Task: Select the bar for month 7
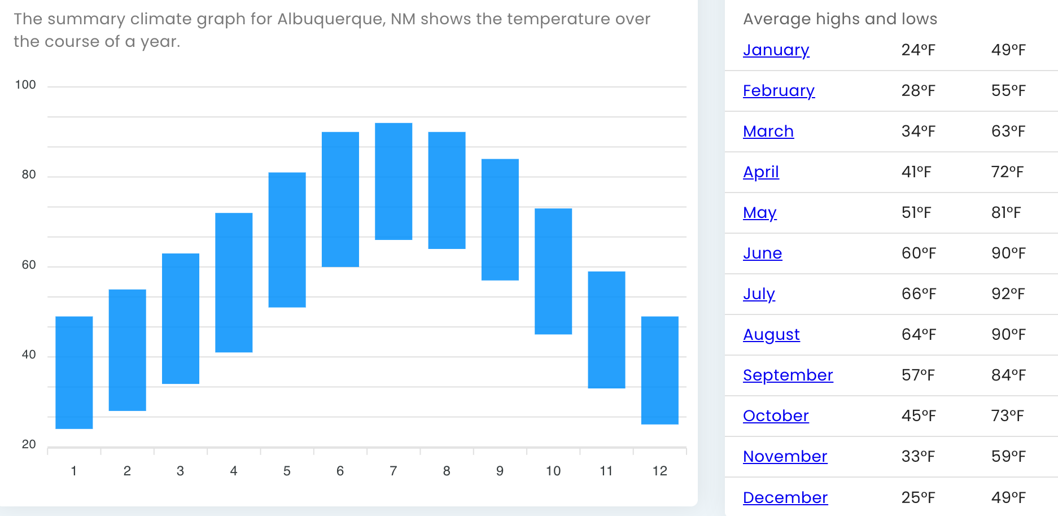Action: coord(394,181)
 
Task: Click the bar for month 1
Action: coord(74,373)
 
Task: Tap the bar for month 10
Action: coord(553,272)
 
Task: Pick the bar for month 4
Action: coord(234,282)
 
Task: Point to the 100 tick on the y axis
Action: coord(25,85)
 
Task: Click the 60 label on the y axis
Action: coord(29,265)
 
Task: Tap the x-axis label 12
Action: coord(659,471)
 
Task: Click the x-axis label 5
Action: coord(287,471)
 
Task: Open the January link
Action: coord(776,50)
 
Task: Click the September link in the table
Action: coord(788,375)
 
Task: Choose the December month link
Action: coord(785,497)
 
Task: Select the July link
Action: coord(759,294)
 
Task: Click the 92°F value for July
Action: coord(1008,294)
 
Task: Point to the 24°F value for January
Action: coord(918,50)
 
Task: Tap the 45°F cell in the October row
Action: coord(918,416)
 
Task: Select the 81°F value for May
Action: coord(1005,213)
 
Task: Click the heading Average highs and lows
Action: coord(840,19)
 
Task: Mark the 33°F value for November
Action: coord(918,457)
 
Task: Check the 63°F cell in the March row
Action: coord(1008,132)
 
